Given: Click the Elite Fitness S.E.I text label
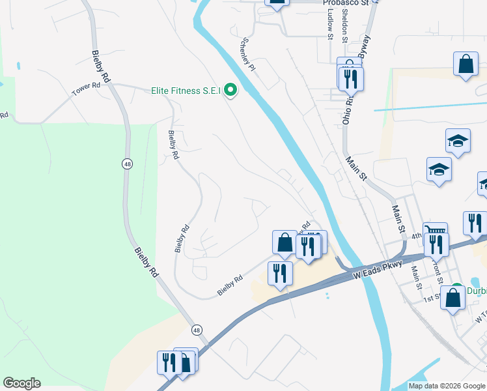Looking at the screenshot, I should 185,91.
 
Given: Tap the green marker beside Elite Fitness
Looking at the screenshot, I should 230,91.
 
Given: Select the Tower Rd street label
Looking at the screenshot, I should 86,89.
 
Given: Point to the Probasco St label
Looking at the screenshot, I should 346,3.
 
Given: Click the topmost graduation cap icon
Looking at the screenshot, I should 458,141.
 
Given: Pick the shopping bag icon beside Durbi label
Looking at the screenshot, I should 454,298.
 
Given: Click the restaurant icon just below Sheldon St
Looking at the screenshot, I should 351,80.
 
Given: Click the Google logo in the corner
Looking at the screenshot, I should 21,383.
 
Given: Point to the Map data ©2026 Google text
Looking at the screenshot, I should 447,386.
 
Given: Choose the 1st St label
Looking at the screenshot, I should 430,298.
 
